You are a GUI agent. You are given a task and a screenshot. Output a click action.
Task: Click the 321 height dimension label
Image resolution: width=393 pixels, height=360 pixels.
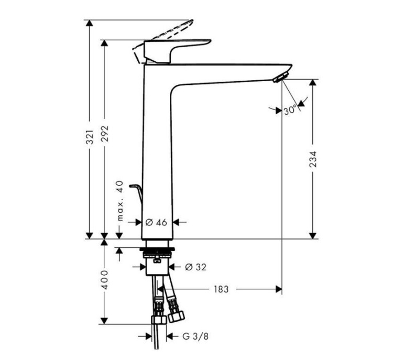click(90, 136)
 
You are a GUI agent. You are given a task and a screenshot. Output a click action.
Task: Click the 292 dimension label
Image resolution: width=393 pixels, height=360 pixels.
click(105, 136)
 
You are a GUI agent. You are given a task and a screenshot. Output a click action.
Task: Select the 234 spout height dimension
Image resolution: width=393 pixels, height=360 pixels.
click(313, 159)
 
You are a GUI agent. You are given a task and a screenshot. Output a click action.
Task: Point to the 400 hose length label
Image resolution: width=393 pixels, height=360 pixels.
click(105, 280)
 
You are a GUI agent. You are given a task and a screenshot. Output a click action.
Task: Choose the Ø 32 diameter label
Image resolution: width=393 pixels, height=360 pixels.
click(196, 267)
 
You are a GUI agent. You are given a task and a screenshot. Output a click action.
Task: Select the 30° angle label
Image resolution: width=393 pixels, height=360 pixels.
click(290, 110)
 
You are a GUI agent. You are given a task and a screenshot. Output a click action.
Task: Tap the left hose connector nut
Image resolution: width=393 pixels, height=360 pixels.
click(158, 320)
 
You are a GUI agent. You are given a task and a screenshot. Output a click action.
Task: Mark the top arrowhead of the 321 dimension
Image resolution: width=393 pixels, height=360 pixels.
click(90, 24)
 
